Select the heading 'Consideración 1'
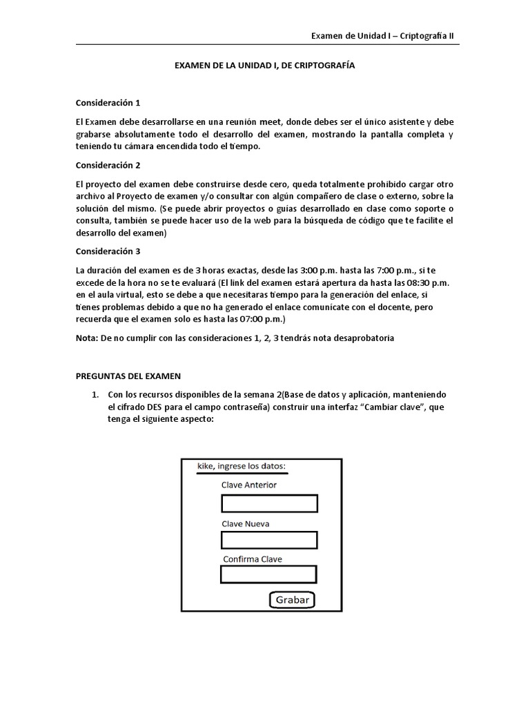pos(108,103)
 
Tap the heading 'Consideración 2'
pos(108,166)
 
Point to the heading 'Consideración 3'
pos(108,252)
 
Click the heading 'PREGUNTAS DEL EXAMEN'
pos(128,376)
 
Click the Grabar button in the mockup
pos(292,599)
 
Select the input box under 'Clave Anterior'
pos(268,503)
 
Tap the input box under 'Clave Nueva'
pos(268,540)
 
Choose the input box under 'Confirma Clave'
pos(268,574)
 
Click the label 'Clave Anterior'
pos(249,485)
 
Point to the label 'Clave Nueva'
pos(246,523)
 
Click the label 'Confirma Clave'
pos(252,559)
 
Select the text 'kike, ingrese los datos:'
pos(242,466)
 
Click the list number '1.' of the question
pos(97,394)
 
